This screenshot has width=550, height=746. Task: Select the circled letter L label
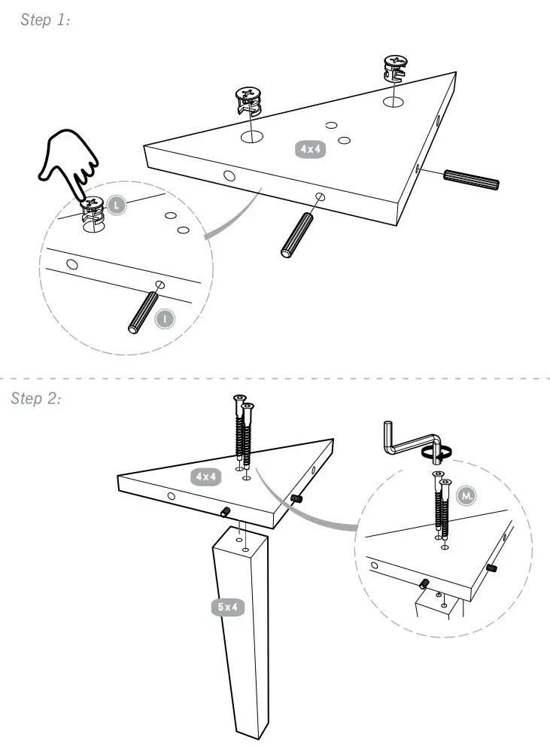click(116, 205)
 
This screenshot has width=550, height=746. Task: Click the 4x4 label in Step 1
click(310, 150)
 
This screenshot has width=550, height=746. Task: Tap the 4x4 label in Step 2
click(205, 477)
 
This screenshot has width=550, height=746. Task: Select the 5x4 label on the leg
click(227, 607)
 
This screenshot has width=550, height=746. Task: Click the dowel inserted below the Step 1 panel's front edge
click(296, 236)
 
